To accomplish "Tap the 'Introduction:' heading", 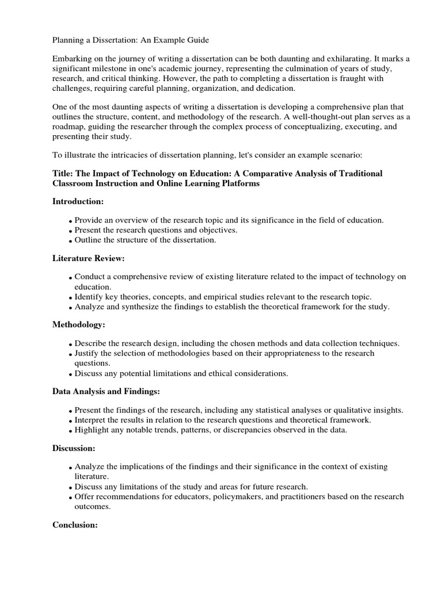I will coord(78,201).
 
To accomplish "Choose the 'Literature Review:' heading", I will coord(89,258).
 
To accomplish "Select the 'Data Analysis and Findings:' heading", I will coord(106,391).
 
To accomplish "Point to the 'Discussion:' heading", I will coord(74,448).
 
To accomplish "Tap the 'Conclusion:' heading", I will coord(75,525).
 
